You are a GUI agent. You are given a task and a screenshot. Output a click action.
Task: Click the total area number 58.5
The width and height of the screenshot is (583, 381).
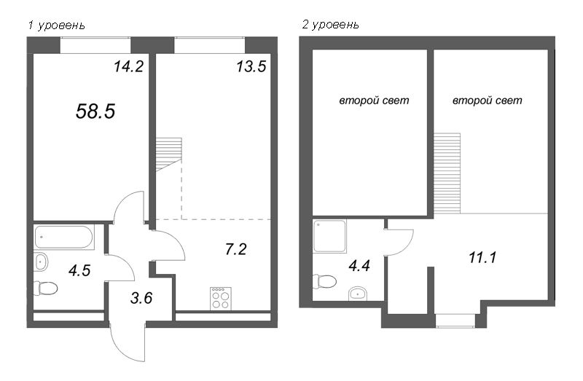click(95, 111)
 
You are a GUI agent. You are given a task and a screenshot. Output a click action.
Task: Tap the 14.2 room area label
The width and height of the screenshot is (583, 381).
click(129, 66)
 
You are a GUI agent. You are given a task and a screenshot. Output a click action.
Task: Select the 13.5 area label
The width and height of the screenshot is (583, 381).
click(251, 66)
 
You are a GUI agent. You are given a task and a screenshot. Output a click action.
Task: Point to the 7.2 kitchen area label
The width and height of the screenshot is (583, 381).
click(235, 249)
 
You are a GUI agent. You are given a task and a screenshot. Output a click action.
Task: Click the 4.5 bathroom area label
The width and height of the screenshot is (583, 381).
click(79, 270)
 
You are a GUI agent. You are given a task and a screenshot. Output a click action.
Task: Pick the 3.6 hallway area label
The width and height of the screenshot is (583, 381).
click(141, 298)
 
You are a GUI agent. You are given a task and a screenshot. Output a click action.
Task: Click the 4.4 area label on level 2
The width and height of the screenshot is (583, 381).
click(359, 266)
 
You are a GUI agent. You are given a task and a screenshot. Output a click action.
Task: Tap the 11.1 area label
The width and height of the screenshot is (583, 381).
click(482, 257)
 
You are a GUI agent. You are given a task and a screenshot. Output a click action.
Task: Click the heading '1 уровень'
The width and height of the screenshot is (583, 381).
click(57, 25)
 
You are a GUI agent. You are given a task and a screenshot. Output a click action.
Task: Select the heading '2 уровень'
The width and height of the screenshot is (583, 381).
click(331, 25)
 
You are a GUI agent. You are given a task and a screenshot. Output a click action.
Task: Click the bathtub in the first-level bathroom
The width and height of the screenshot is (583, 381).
click(64, 237)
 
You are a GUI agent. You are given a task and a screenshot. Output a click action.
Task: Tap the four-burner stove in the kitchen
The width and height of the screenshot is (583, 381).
click(221, 299)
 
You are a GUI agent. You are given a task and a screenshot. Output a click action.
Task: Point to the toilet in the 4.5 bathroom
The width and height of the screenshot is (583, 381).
click(45, 288)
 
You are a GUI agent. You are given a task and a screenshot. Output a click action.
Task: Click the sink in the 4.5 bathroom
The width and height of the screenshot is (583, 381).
click(41, 262)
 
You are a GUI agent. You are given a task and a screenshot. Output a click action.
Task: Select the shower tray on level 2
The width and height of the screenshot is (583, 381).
click(330, 237)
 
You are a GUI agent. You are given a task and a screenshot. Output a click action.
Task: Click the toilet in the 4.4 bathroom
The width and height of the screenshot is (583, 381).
click(324, 281)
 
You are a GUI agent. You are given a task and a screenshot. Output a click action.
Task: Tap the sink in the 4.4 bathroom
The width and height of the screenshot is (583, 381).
click(358, 294)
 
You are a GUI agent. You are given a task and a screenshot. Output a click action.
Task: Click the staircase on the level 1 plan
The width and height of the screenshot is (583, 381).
click(169, 154)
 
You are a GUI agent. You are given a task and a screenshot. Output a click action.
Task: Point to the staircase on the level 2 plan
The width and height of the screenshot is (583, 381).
click(447, 173)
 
